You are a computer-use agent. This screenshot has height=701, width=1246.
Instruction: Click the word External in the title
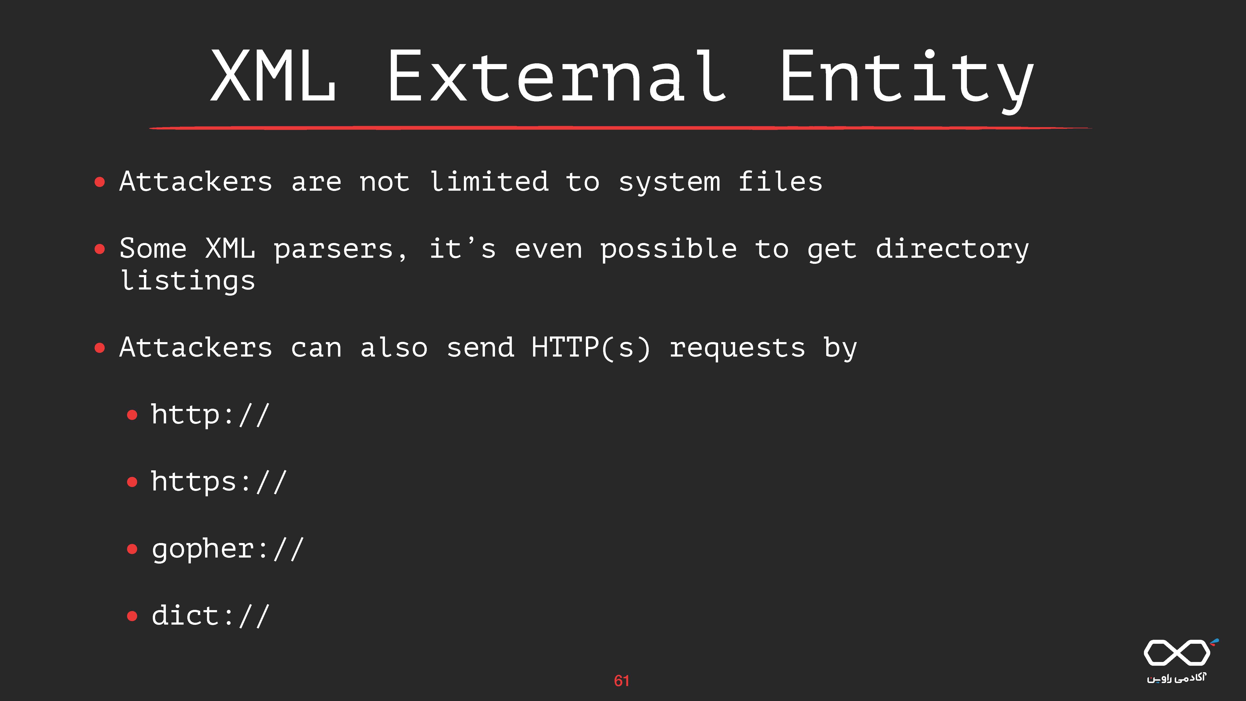[556, 76]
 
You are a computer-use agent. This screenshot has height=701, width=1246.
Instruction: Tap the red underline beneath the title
[621, 128]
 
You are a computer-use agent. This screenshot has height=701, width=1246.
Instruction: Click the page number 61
[622, 681]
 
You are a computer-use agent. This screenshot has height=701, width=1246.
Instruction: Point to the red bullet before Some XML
[100, 249]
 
